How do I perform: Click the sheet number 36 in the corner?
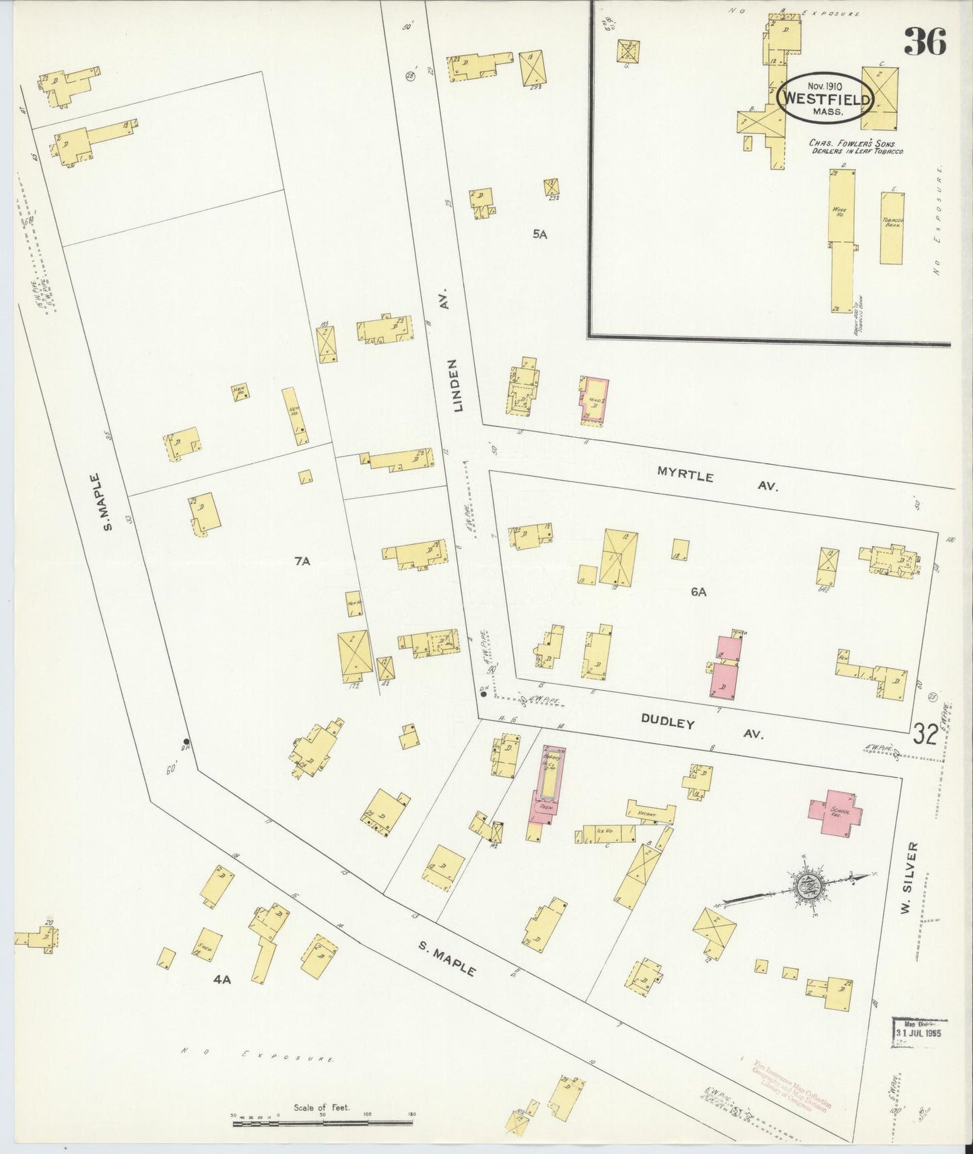[925, 41]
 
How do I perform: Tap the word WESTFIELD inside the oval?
[826, 99]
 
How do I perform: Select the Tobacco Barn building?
[892, 228]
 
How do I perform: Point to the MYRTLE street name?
[685, 475]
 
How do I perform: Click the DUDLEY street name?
[667, 722]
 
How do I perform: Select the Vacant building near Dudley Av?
[650, 813]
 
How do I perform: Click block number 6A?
[698, 592]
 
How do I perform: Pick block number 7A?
[302, 560]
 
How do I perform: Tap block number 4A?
[222, 980]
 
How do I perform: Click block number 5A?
[539, 234]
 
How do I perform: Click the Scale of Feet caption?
[322, 1108]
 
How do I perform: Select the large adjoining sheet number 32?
[926, 734]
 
